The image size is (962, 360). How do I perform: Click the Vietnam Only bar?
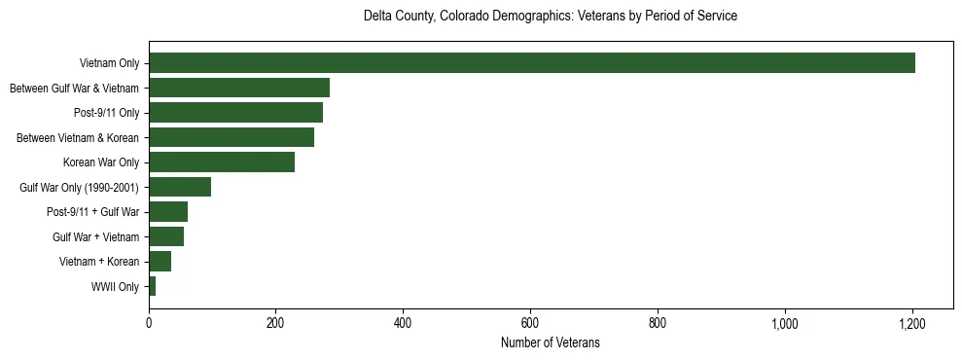532,63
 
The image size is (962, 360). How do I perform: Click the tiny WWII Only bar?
152,286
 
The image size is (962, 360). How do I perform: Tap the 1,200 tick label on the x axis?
912,323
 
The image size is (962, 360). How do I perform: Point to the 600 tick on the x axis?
530,323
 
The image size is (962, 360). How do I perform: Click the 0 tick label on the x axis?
149,323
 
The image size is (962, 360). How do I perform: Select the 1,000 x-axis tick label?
785,323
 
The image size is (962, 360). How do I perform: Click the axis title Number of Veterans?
550,342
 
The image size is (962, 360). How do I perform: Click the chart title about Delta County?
550,17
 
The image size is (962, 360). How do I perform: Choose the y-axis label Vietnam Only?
112,64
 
